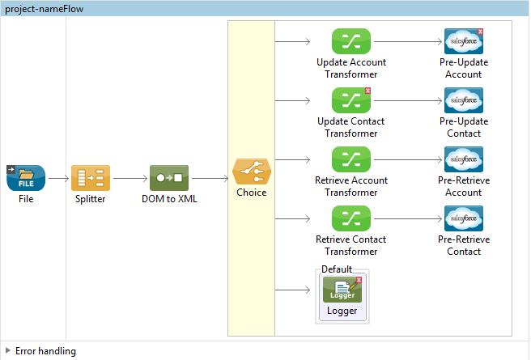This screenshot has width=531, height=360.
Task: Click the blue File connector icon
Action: (x=26, y=178)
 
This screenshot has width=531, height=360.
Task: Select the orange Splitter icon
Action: (x=90, y=178)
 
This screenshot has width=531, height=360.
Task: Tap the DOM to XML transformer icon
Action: (x=168, y=178)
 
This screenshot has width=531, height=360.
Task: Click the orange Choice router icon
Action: (x=252, y=172)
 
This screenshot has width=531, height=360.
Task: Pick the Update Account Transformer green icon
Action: (x=350, y=41)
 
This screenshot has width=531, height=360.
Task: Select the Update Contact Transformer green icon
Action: (x=350, y=100)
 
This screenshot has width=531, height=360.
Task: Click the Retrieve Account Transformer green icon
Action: (x=350, y=159)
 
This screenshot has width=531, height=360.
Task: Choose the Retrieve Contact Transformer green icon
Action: (x=350, y=218)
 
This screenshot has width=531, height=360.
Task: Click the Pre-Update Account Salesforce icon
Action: (x=463, y=41)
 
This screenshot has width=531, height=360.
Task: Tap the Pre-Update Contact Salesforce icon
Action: (x=463, y=100)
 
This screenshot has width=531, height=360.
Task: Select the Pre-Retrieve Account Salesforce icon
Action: (x=463, y=159)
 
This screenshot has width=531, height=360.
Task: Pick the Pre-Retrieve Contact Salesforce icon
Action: (x=463, y=218)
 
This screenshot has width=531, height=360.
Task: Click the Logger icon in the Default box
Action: (x=342, y=289)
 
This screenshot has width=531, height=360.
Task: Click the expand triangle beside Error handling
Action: (x=8, y=351)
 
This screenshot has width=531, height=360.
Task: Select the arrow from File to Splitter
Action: (x=58, y=178)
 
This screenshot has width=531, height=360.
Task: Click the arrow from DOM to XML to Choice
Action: (x=210, y=178)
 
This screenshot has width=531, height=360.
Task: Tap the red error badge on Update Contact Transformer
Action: (x=367, y=91)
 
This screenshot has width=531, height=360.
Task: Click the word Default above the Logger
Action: (x=337, y=269)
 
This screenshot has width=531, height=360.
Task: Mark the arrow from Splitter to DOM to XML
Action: (x=130, y=178)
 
